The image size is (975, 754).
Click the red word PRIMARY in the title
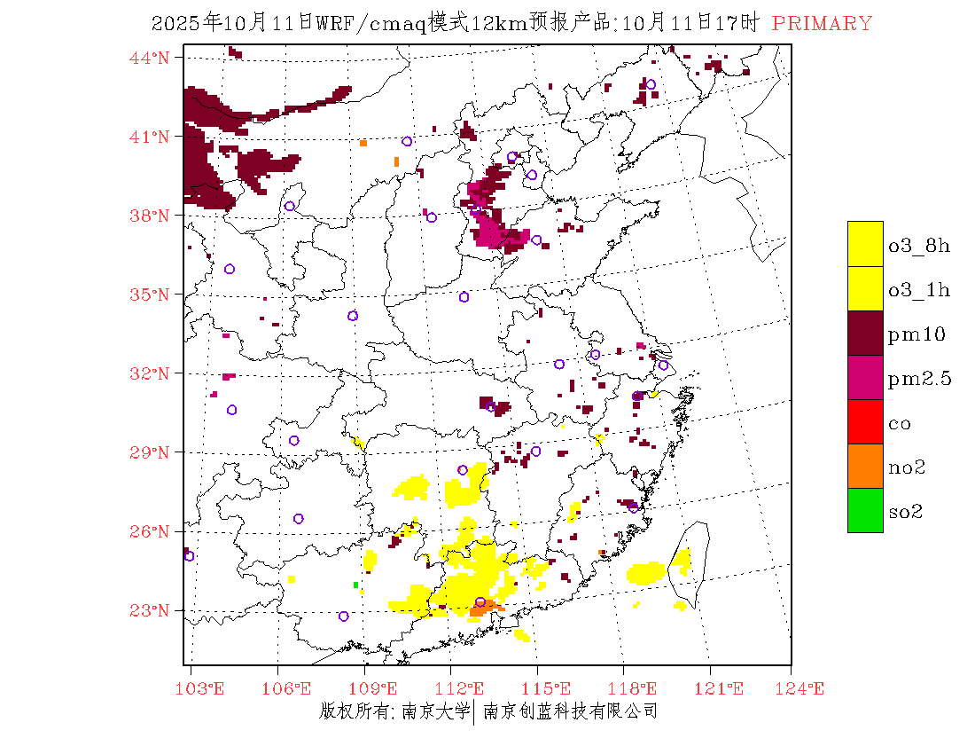click(x=822, y=24)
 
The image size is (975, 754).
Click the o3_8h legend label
click(x=919, y=245)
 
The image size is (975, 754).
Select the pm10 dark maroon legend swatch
click(x=865, y=334)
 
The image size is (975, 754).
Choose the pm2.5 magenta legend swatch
click(x=865, y=378)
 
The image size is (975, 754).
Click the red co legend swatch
click(x=865, y=422)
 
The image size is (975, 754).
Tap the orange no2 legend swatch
click(x=865, y=467)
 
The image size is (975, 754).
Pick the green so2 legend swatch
click(x=865, y=511)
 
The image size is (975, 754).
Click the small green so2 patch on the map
click(x=355, y=585)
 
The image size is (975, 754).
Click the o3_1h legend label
click(x=919, y=289)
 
